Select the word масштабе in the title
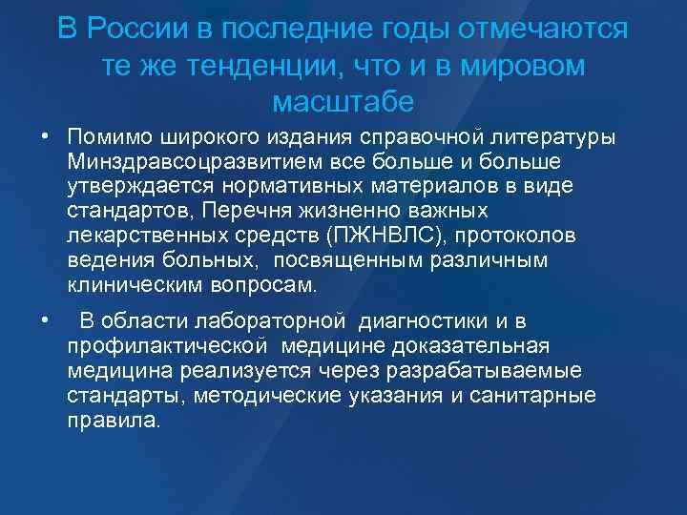coord(343,99)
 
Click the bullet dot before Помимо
coord(44,136)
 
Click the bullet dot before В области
coord(44,318)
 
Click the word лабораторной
coord(263,320)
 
